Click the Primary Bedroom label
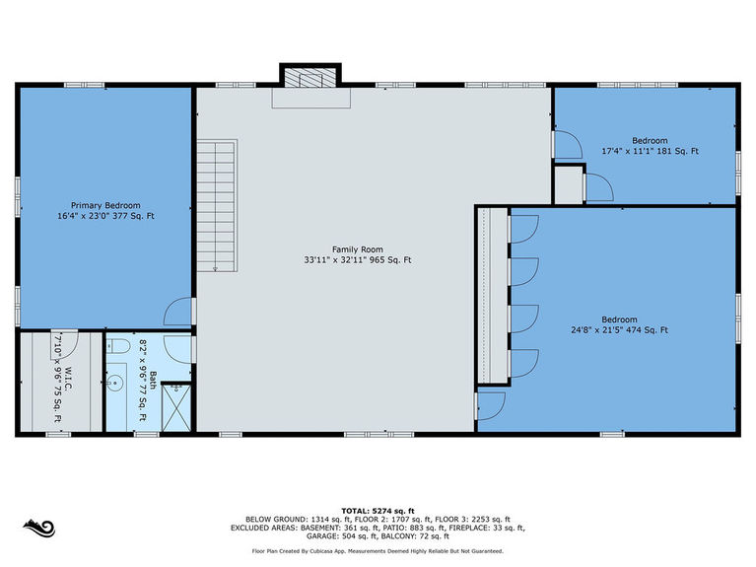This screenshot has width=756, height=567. (x=105, y=205)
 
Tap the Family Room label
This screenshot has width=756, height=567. (x=358, y=249)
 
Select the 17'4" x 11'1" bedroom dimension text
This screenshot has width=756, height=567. (x=650, y=151)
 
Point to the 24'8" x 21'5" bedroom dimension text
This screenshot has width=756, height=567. (x=620, y=330)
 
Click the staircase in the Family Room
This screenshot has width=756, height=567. (x=217, y=206)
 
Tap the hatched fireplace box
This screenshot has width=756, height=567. (x=310, y=78)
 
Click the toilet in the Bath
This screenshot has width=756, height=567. (x=118, y=346)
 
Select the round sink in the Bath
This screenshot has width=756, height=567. (x=114, y=385)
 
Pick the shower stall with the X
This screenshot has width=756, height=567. (x=176, y=408)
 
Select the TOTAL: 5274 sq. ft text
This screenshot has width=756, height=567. (x=378, y=511)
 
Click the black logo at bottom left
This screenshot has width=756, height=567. (x=39, y=528)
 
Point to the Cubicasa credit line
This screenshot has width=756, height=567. (x=378, y=551)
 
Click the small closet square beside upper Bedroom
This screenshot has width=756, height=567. (x=569, y=184)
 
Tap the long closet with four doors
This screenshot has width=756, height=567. (x=492, y=295)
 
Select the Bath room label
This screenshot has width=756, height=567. (x=153, y=380)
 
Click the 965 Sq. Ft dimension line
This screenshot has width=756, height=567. (x=358, y=260)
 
